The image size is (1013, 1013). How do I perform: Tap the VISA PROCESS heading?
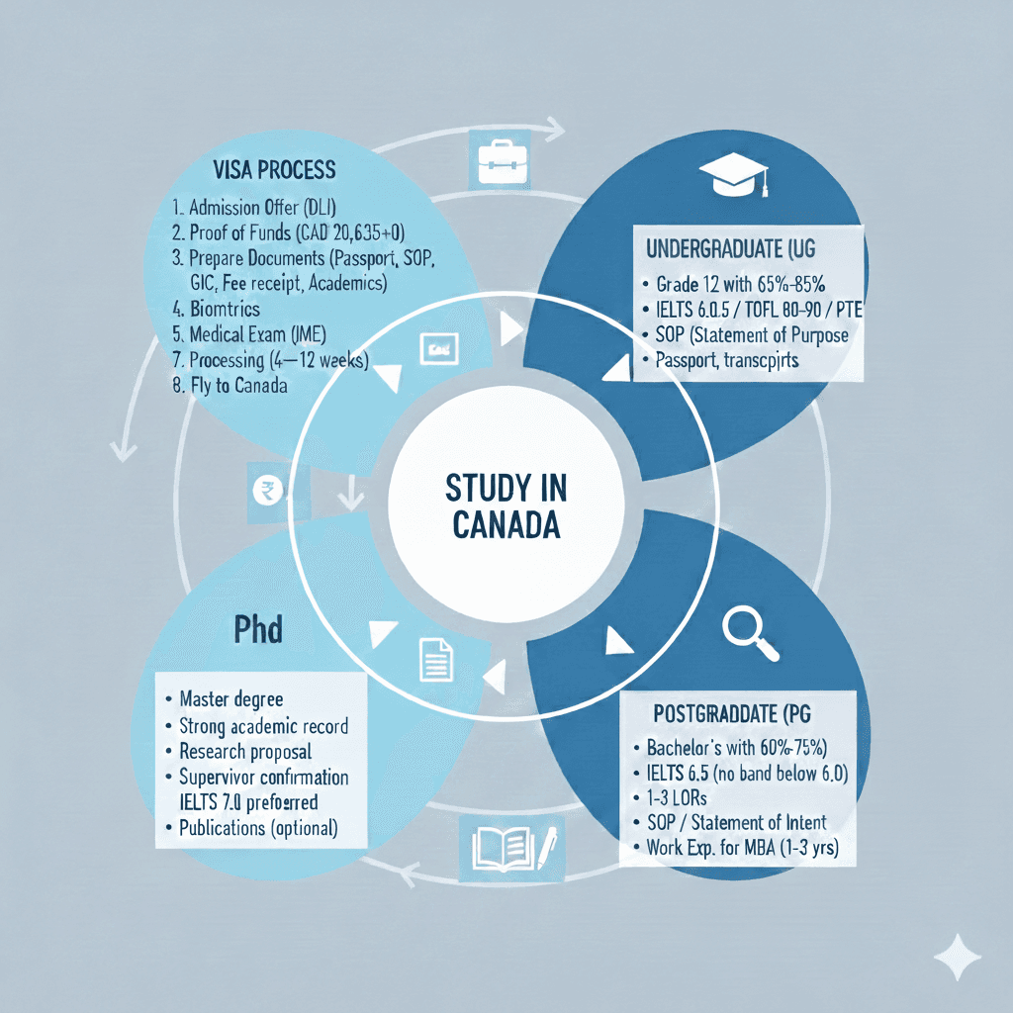[x=275, y=169]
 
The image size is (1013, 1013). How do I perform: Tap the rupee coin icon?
[x=268, y=489]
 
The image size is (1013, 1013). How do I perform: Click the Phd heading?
[x=258, y=630]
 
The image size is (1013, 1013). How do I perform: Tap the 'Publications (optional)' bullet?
[x=257, y=828]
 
